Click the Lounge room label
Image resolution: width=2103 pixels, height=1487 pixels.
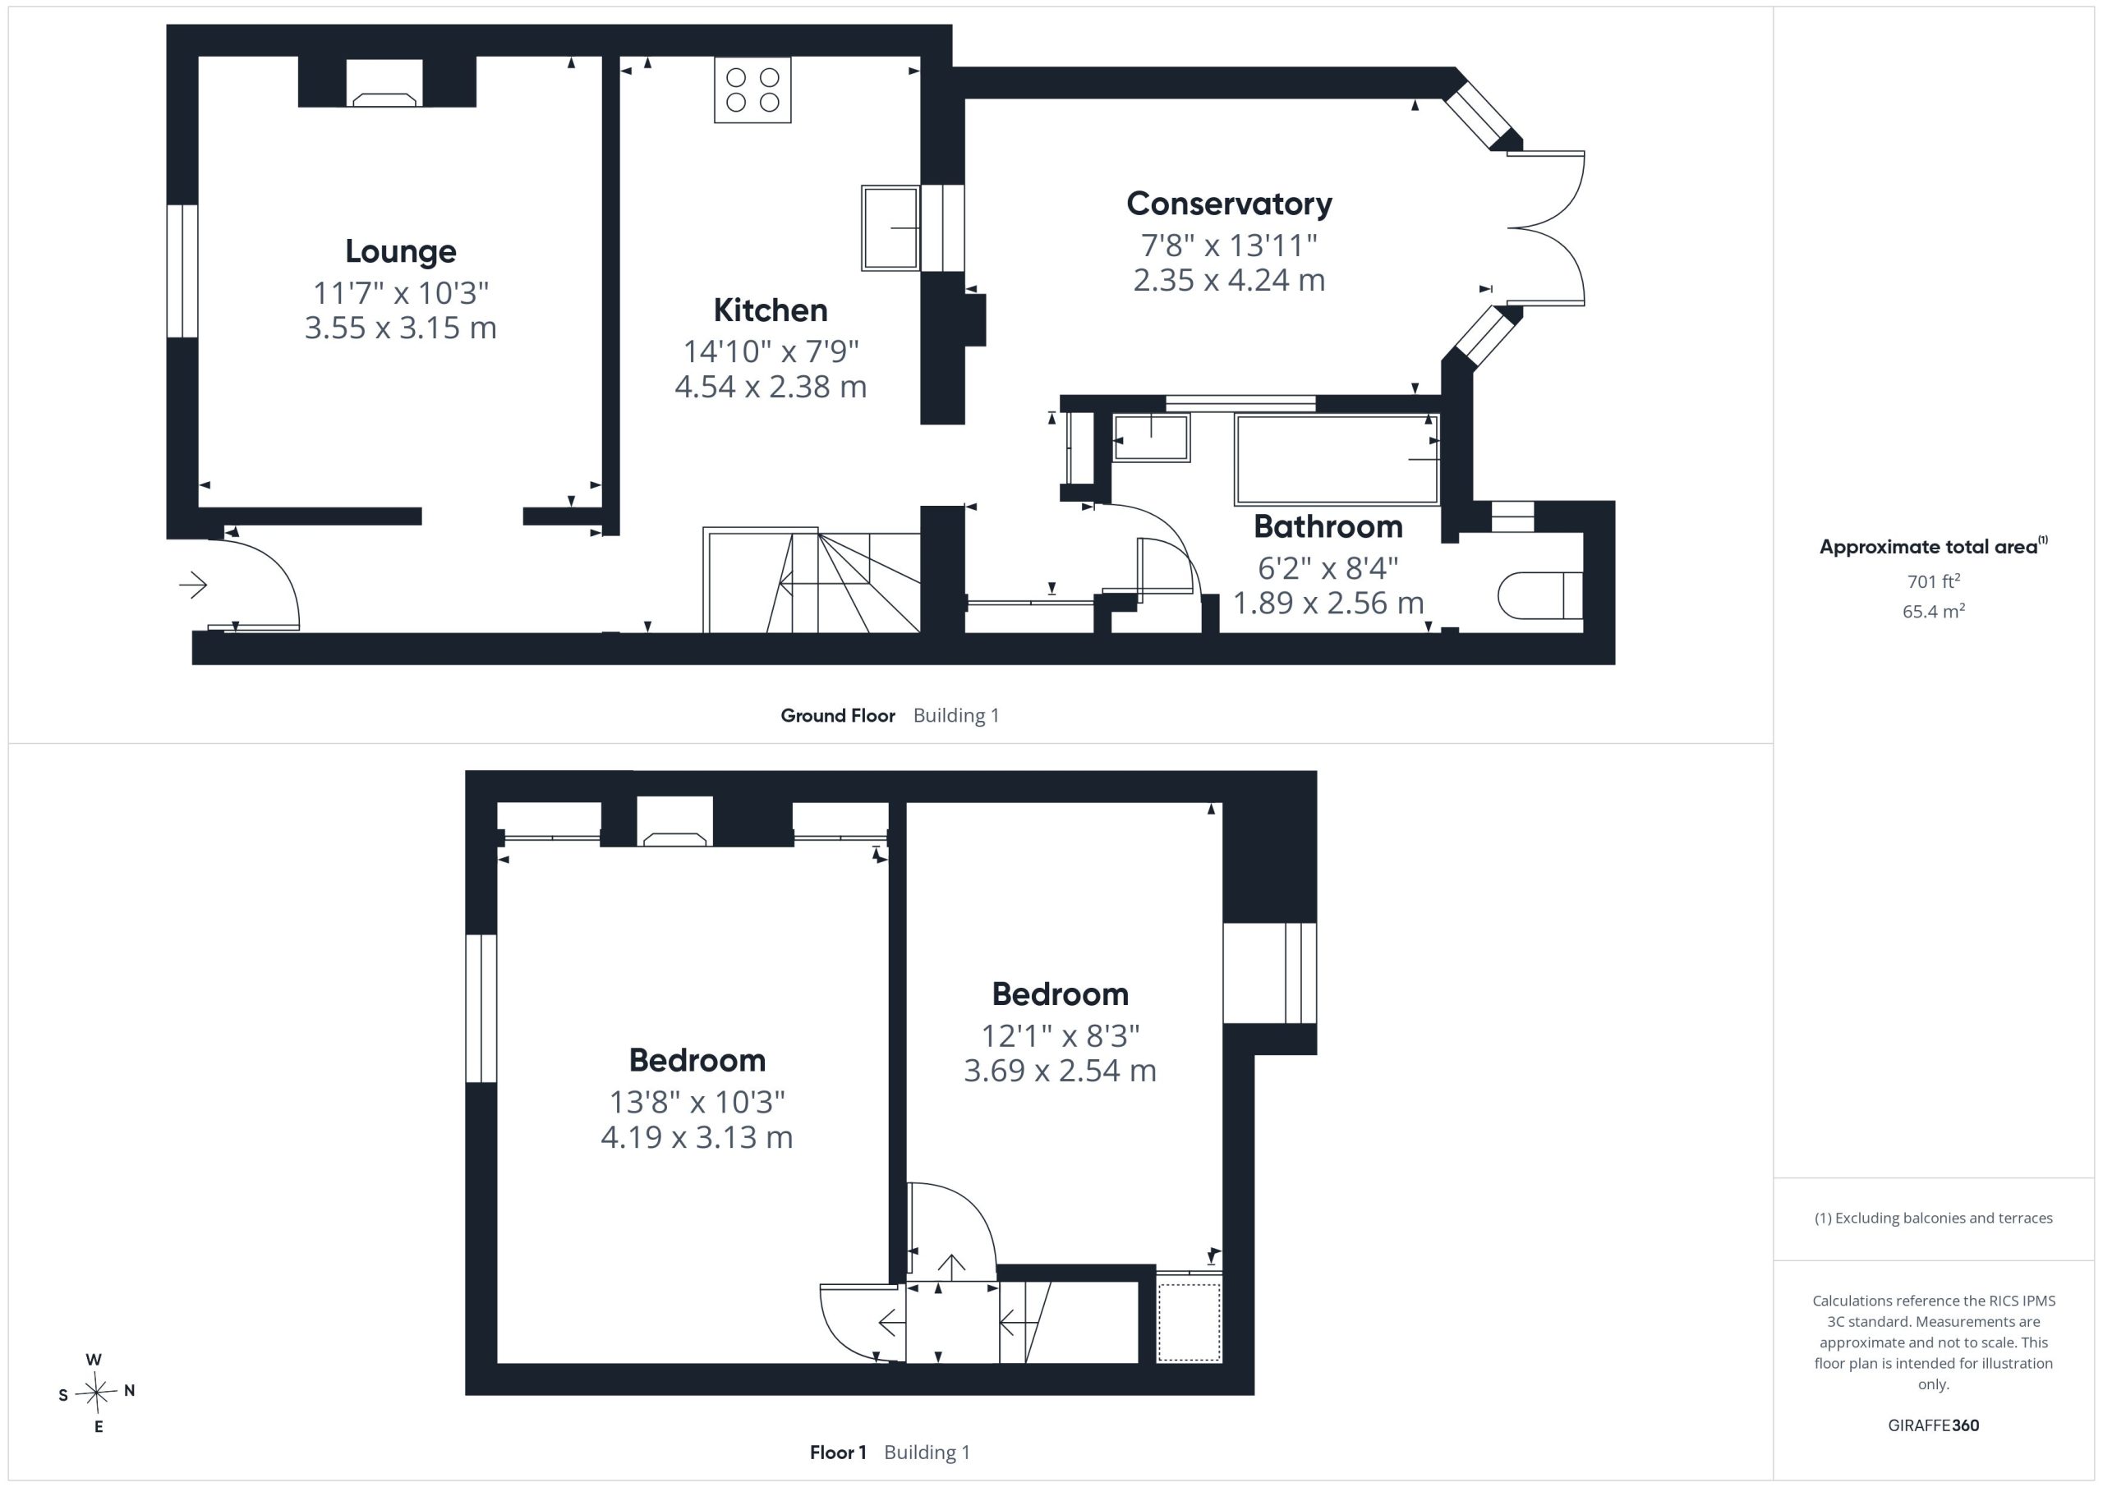400,252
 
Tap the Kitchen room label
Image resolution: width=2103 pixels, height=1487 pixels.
771,310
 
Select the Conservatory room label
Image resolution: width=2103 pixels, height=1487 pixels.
1229,204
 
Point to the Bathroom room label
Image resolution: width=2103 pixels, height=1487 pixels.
1328,526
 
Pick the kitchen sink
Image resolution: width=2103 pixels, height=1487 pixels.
890,228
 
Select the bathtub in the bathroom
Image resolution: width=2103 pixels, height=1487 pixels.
1337,460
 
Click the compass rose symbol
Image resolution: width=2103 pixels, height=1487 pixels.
96,1393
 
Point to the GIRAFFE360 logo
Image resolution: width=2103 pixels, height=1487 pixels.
1934,1425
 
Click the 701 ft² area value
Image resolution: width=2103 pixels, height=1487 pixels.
1934,581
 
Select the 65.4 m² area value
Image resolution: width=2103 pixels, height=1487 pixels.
1934,612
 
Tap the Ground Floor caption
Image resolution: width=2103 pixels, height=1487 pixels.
837,716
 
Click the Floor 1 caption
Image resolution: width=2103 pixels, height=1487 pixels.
838,1453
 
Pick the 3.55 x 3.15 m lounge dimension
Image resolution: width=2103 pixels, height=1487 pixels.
400,328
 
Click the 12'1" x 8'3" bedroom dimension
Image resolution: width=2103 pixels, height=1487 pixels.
1061,1035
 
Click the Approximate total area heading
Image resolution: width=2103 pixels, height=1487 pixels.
1934,547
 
